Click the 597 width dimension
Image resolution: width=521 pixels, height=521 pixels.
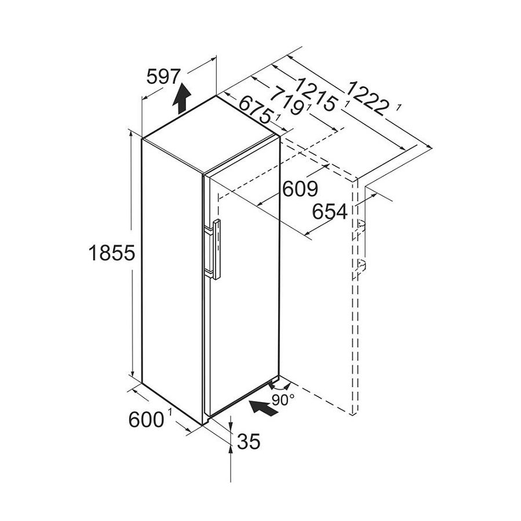(164, 77)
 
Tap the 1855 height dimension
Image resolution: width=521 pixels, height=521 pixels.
(111, 253)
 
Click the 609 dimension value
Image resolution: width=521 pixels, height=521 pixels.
(300, 189)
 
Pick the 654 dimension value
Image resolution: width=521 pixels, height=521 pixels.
(329, 212)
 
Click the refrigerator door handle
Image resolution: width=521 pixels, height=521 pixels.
(216, 250)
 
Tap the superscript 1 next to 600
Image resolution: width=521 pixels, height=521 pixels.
(170, 412)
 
